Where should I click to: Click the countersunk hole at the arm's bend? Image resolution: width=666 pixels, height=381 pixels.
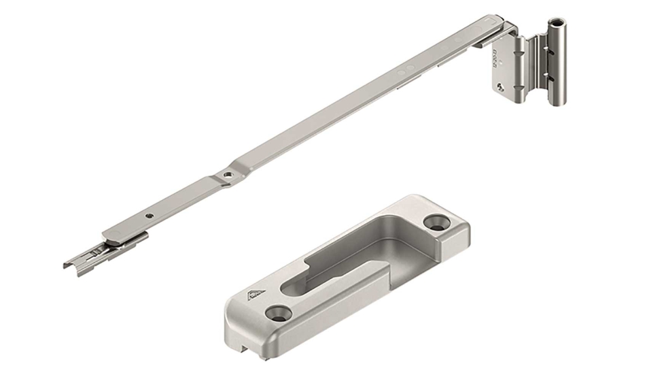[x=227, y=176]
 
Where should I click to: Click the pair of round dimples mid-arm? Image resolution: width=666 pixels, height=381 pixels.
[x=406, y=70]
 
